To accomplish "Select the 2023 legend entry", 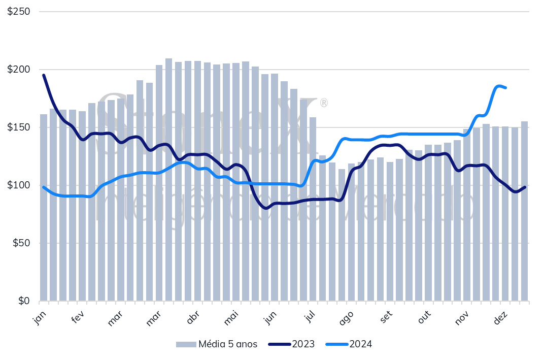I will point(303,344).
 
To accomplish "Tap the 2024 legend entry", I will point(361,344).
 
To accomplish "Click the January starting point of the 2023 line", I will point(44,75).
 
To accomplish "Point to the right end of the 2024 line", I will point(505,88).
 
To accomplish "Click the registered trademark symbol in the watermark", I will point(323,103).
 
